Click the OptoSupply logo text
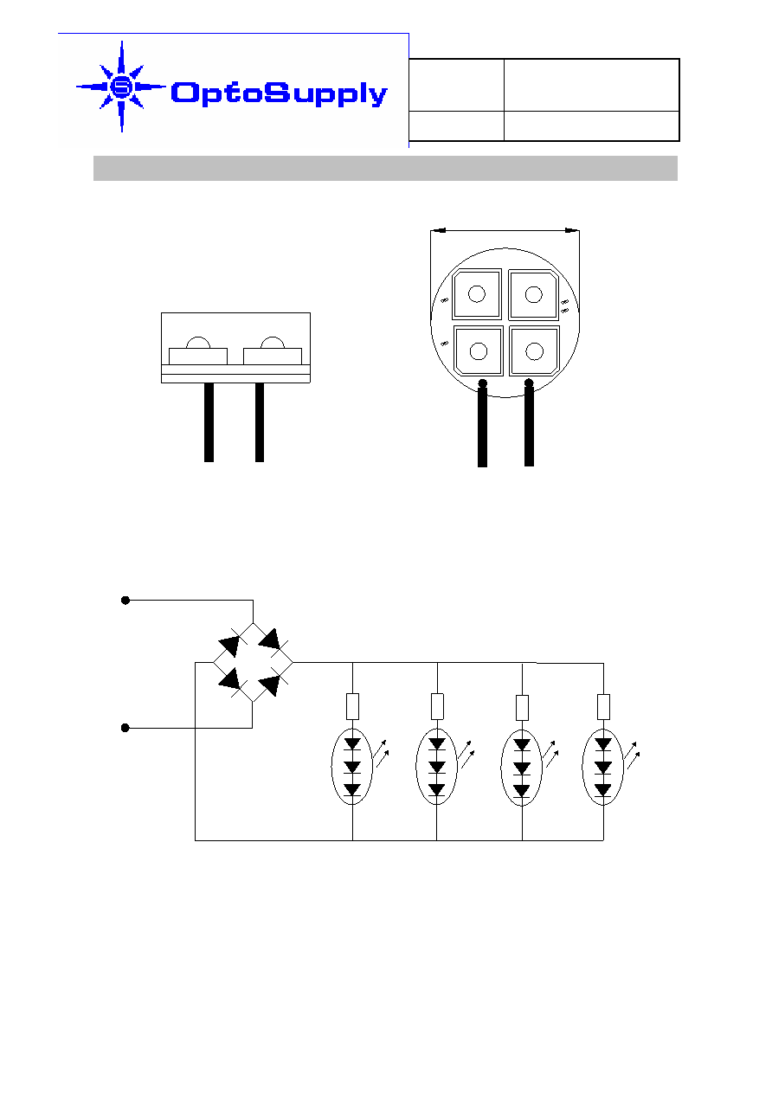tap(279, 93)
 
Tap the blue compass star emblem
tap(121, 87)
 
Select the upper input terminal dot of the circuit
tap(125, 601)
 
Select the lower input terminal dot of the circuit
tap(125, 728)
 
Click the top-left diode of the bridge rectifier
tap(230, 645)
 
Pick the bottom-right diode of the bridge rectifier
tap(270, 685)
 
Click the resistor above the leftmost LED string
tap(353, 706)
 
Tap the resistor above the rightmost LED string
tap(603, 707)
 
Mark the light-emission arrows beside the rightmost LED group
tap(632, 755)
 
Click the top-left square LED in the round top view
tap(477, 294)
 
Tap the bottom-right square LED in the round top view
tap(534, 350)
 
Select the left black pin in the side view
tap(209, 422)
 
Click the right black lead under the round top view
tap(529, 422)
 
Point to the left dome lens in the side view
tap(198, 342)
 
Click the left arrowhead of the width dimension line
tap(438, 230)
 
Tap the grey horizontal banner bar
tap(385, 169)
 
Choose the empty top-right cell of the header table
tap(591, 85)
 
